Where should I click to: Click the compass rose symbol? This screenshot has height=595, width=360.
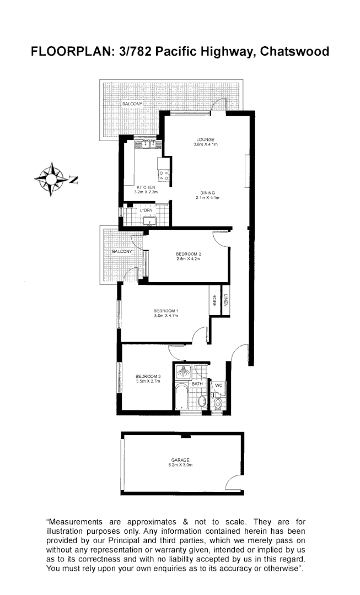(x=51, y=179)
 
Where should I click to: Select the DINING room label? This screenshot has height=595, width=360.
(x=207, y=193)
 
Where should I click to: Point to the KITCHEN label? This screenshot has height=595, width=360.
(x=146, y=187)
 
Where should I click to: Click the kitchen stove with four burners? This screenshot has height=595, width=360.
(x=164, y=176)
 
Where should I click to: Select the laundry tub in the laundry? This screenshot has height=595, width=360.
(x=149, y=221)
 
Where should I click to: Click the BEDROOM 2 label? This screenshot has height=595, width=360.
(x=188, y=253)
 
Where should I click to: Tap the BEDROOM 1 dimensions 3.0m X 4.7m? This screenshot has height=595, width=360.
(x=166, y=316)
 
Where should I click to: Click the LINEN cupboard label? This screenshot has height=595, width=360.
(x=226, y=301)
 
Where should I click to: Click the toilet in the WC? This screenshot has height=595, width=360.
(x=219, y=403)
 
